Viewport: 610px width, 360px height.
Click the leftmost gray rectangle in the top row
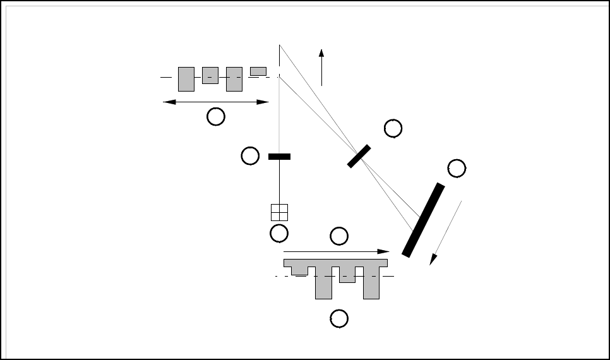coord(186,79)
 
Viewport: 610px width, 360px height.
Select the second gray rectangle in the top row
coord(210,75)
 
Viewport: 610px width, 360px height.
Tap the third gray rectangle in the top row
coord(234,79)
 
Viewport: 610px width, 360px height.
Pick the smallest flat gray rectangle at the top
coord(258,71)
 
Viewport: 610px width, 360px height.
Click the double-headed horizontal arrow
coord(216,102)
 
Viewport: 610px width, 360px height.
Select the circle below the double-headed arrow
coord(216,116)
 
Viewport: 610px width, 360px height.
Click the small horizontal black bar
coord(279,156)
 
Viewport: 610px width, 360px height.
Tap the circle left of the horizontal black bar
coord(250,156)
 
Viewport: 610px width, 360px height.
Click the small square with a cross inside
coord(279,212)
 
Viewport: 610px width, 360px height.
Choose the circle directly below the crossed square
coord(278,233)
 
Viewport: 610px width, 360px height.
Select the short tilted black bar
coord(359,156)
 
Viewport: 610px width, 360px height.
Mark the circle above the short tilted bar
coord(393,128)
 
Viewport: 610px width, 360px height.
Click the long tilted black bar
coord(423,220)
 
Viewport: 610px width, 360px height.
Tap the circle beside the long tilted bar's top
coord(456,168)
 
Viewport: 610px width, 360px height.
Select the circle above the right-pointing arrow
coord(339,236)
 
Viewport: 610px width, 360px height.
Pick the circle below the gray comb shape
coord(339,319)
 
